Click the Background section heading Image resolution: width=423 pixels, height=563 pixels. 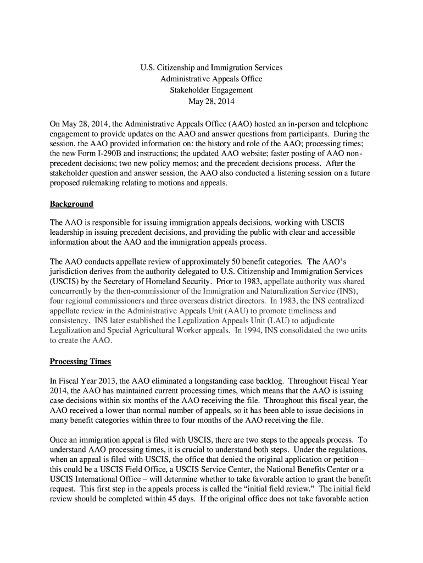[x=71, y=204]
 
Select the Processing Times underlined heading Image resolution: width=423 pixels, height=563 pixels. [x=80, y=361]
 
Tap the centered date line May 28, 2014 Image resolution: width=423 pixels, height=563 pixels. [x=211, y=101]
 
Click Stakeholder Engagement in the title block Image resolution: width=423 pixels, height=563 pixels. [x=211, y=90]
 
